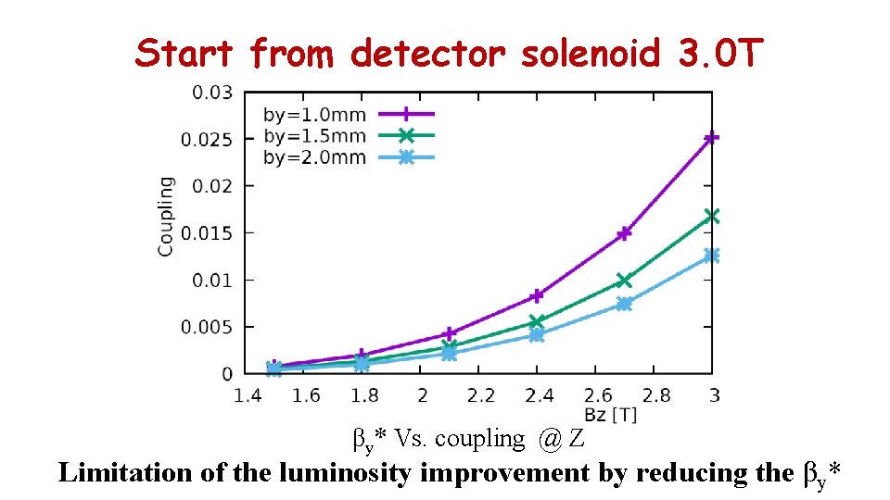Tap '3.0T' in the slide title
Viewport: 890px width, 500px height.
click(714, 55)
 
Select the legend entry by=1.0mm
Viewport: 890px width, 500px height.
click(314, 115)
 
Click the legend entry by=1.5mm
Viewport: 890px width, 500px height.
click(314, 136)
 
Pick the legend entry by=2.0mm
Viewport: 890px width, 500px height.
click(314, 157)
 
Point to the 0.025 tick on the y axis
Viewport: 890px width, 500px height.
click(212, 139)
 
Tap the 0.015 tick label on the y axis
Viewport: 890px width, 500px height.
click(212, 233)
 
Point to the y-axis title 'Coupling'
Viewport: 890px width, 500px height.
click(165, 217)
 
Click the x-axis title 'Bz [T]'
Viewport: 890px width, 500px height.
click(610, 414)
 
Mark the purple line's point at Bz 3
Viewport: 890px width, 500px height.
click(711, 138)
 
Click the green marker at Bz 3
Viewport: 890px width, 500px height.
click(711, 216)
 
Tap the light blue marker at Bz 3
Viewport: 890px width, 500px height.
click(711, 256)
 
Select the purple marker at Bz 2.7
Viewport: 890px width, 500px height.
click(624, 233)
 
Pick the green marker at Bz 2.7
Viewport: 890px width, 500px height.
click(624, 280)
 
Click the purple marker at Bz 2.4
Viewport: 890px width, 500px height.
click(537, 296)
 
